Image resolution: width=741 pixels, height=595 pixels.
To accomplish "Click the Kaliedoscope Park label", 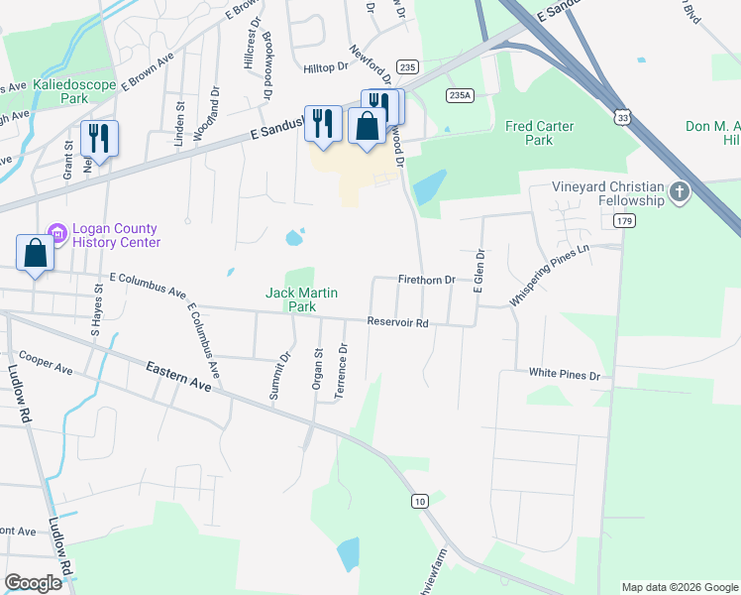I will pos(74,92).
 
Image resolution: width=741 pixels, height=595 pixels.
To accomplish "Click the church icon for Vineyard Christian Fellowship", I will pos(679,192).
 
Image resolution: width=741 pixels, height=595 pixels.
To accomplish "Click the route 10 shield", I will pos(420,502).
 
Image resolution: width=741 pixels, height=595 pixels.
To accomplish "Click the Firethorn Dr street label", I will pos(426,281).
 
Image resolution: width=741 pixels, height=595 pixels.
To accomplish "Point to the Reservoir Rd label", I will pos(397,322).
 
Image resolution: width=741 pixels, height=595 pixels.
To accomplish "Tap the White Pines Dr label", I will pos(564,376).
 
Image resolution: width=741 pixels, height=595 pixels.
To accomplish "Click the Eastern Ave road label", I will pos(178,378).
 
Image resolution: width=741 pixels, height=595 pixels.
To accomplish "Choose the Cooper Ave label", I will pos(46,363).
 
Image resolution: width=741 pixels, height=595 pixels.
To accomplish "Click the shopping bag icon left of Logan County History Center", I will pos(36,252).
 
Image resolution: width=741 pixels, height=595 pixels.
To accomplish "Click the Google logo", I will pos(34,583).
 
